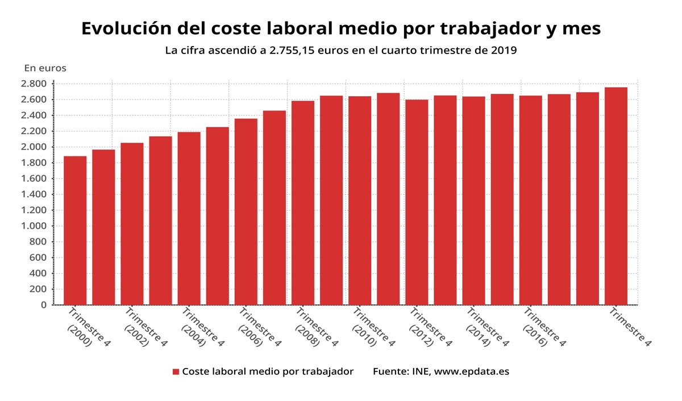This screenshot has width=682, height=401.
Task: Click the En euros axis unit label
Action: pyautogui.click(x=45, y=68)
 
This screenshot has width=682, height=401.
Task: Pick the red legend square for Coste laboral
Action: pyautogui.click(x=176, y=372)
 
